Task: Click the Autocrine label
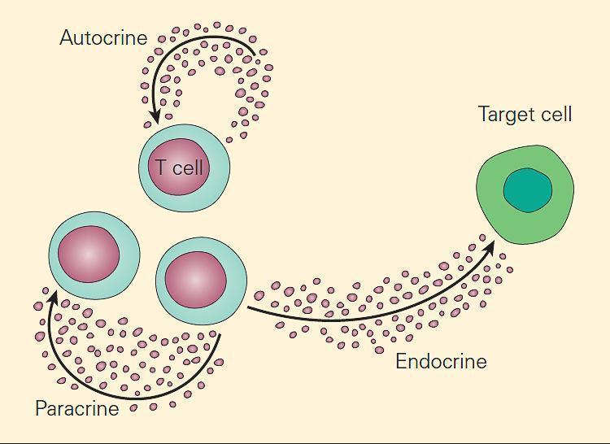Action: [x=103, y=37]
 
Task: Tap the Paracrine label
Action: [x=76, y=408]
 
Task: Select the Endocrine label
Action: [x=441, y=361]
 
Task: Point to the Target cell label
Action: [x=525, y=114]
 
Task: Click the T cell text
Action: [x=180, y=168]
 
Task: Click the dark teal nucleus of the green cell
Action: [x=528, y=191]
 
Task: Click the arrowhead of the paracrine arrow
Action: [x=51, y=295]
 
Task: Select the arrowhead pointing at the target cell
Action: [x=490, y=245]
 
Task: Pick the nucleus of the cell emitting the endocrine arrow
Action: [x=195, y=279]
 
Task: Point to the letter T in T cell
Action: [x=162, y=168]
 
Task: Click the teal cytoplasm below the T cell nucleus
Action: [x=185, y=202]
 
